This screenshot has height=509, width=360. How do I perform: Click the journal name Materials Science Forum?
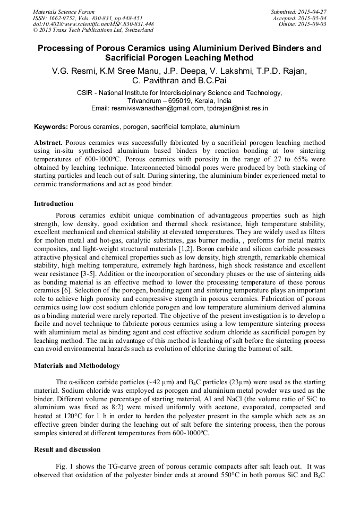coord(64,12)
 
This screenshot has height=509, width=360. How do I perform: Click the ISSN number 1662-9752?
coord(65,18)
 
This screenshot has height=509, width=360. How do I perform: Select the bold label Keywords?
coord(51,127)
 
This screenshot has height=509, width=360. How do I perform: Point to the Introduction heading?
coord(54,204)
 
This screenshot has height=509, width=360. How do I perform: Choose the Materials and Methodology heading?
coord(77,366)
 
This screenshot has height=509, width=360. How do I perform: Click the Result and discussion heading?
coord(67,450)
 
